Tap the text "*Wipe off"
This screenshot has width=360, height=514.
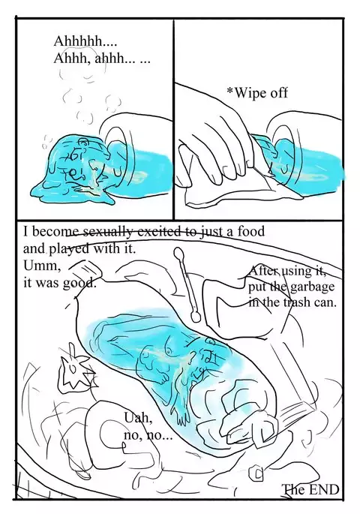point(257,93)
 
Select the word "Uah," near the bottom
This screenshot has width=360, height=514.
point(135,419)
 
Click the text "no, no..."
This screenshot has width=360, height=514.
point(146,435)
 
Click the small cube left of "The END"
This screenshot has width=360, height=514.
point(259,474)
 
